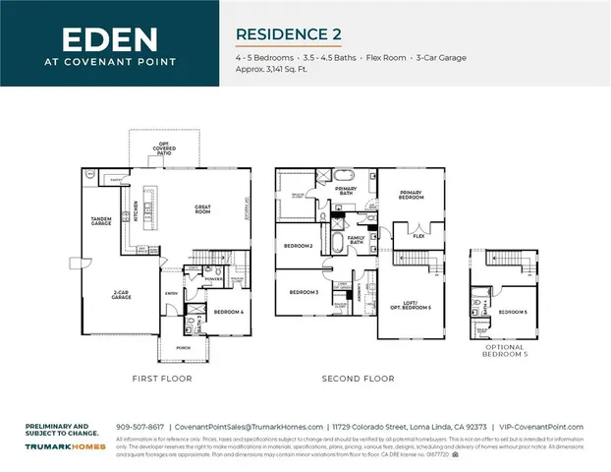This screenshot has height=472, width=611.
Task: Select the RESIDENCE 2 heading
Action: tap(288, 34)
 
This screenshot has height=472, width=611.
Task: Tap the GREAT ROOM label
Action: tap(204, 208)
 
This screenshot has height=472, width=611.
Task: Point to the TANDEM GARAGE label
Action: tap(100, 224)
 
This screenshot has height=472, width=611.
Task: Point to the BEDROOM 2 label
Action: tap(299, 245)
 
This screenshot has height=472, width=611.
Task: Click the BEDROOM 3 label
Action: tap(304, 292)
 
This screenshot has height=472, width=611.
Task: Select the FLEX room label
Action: tap(418, 236)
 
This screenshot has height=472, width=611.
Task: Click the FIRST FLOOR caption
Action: tap(162, 379)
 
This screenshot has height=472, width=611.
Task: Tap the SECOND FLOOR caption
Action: tap(359, 379)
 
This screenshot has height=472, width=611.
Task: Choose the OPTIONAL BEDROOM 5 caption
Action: tap(506, 351)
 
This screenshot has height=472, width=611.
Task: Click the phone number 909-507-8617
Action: tap(140, 426)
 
